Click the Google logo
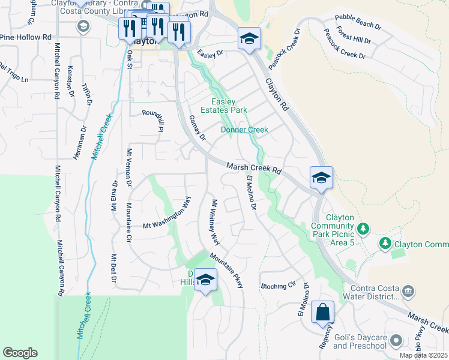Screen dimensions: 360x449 pyautogui.click(x=20, y=353)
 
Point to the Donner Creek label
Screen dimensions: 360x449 pyautogui.click(x=244, y=130)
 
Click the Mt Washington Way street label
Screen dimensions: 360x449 pyautogui.click(x=166, y=213)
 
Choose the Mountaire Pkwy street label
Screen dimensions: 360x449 pyautogui.click(x=226, y=270)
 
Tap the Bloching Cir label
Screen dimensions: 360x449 pyautogui.click(x=279, y=286)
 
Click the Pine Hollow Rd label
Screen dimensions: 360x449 pyautogui.click(x=26, y=37)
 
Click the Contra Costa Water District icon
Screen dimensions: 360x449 pyautogui.click(x=408, y=292)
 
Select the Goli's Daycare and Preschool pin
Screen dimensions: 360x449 pyautogui.click(x=396, y=341)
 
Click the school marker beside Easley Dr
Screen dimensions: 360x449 pyautogui.click(x=249, y=39)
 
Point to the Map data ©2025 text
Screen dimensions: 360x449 pyautogui.click(x=423, y=355)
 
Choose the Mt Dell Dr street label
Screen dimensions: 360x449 pyautogui.click(x=113, y=269)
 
